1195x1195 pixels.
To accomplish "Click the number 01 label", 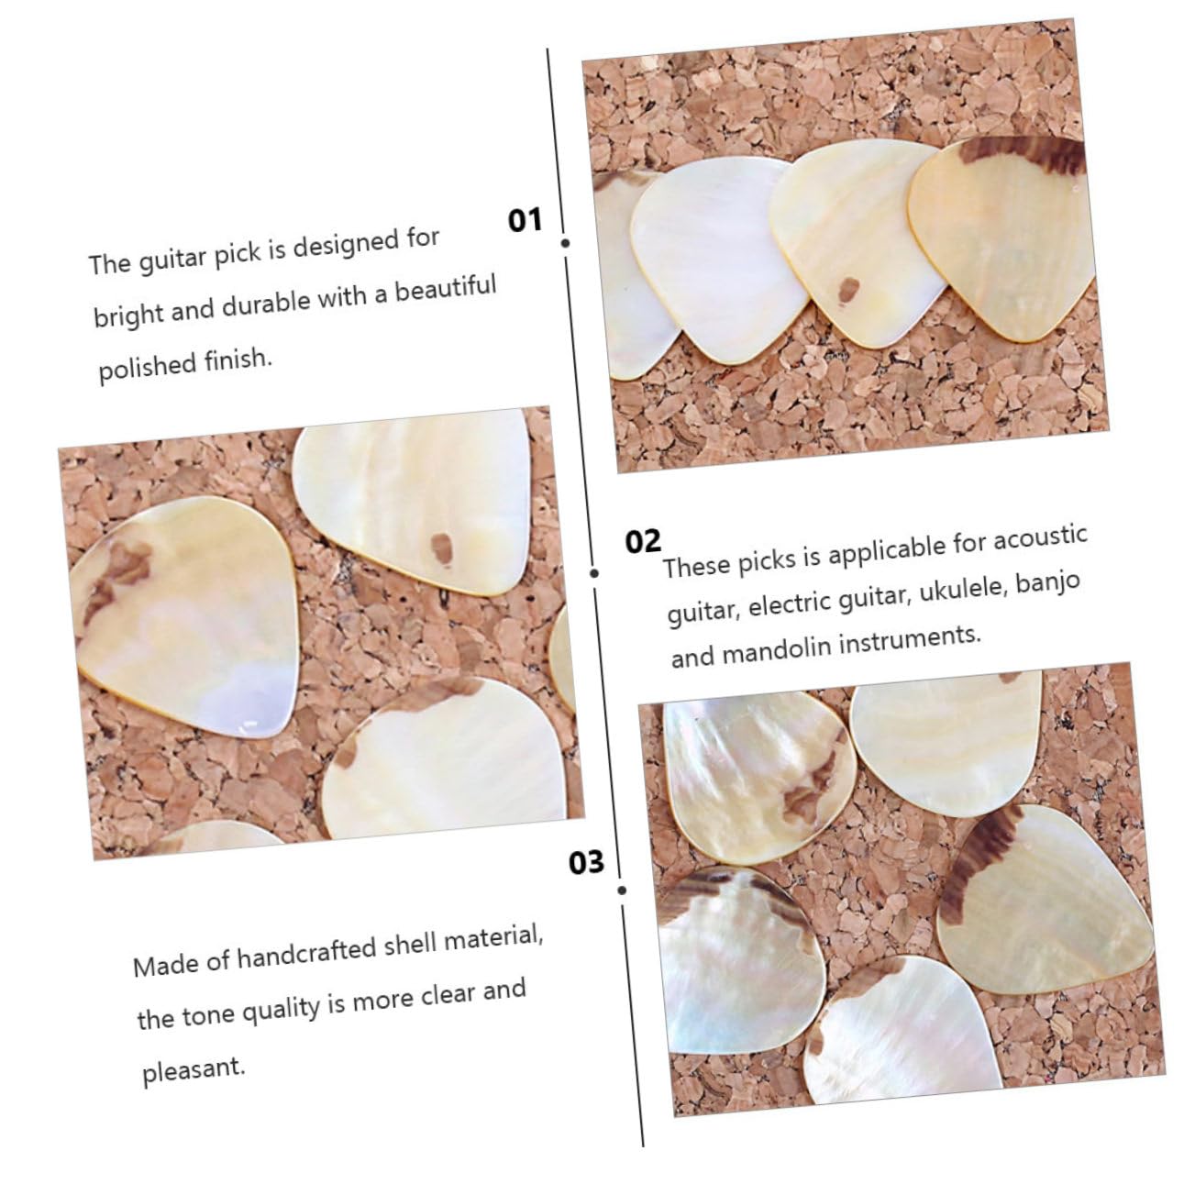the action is click(525, 219).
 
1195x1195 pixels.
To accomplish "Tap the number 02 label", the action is click(643, 541).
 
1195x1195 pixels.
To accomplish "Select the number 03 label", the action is click(586, 863).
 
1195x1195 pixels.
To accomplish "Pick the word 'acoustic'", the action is click(1040, 537).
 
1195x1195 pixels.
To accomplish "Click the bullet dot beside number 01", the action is click(565, 243).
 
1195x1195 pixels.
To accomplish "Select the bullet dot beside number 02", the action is click(594, 573).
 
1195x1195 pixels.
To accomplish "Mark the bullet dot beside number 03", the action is click(622, 891).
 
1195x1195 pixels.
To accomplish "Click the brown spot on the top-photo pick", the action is click(849, 290).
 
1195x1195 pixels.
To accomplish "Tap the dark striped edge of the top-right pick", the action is click(1023, 153).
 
